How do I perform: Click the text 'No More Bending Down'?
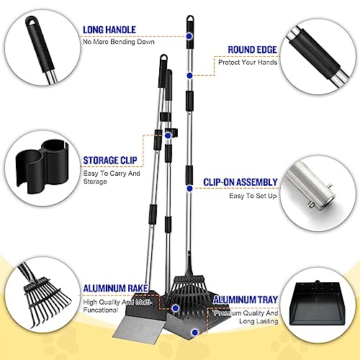(x=119, y=41)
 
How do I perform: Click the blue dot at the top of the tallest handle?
(x=189, y=34)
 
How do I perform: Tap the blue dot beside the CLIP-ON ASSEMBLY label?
(x=189, y=188)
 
